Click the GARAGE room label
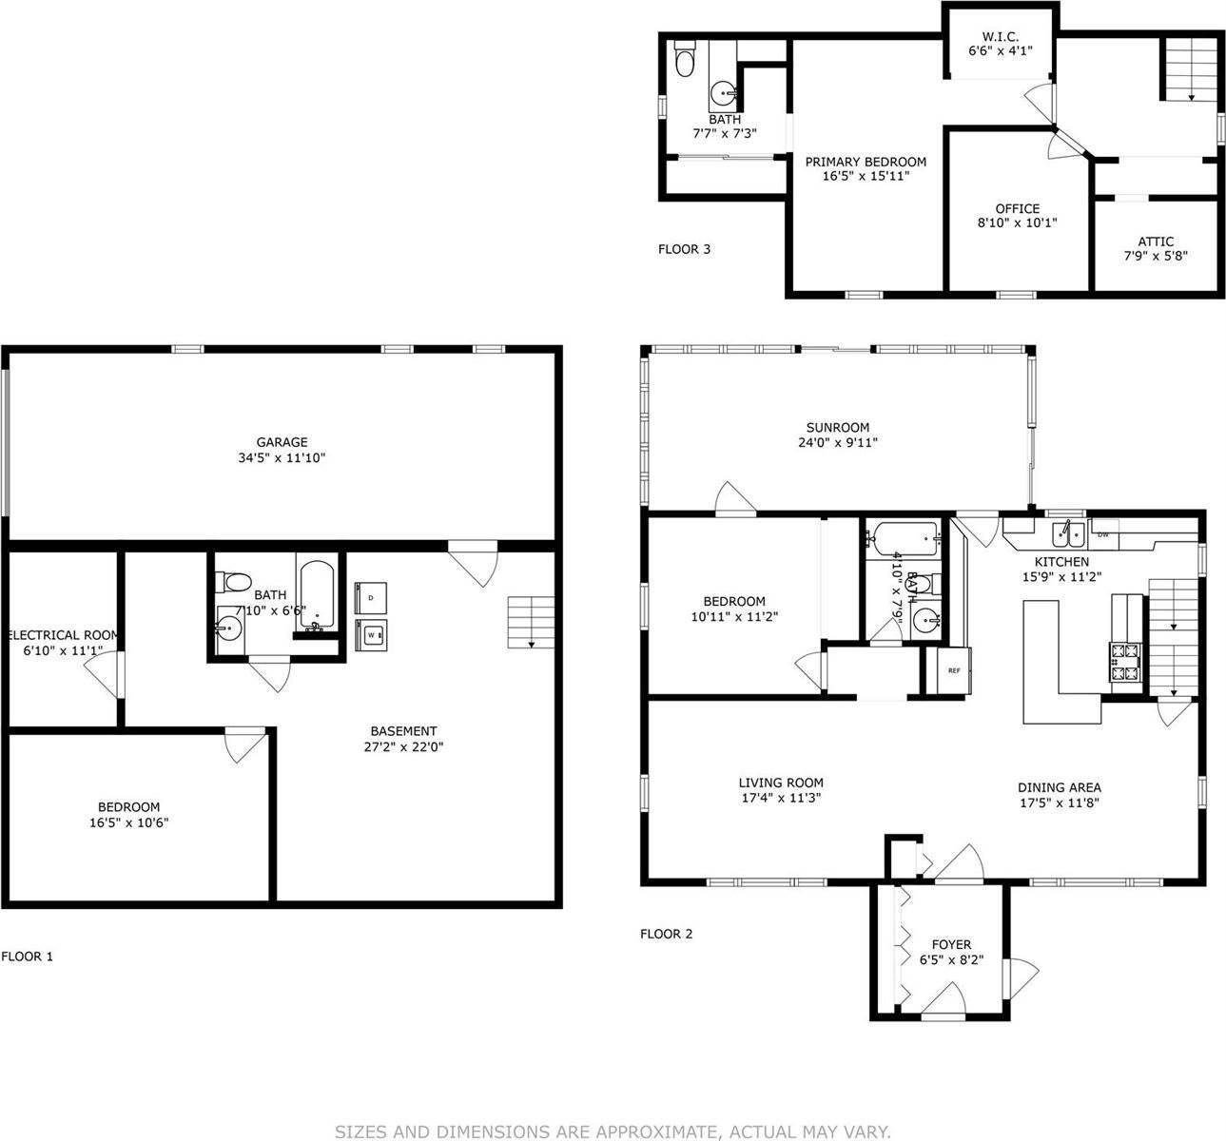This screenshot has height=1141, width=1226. point(282,442)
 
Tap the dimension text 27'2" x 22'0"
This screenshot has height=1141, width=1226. point(403,746)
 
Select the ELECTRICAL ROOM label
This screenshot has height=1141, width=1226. point(64,635)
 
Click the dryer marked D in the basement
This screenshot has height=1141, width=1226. point(370,597)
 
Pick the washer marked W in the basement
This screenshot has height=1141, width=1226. point(370,633)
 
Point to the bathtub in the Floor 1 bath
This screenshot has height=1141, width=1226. point(315,595)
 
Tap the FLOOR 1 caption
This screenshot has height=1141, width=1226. point(28,957)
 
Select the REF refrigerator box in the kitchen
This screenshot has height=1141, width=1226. point(954,670)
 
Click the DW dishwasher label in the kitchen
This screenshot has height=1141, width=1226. point(1103,534)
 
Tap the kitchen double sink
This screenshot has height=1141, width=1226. point(1069,533)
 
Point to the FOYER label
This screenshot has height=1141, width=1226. point(951,944)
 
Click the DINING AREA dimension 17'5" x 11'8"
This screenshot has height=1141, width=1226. point(1060,803)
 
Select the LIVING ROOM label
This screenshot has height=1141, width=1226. point(780,783)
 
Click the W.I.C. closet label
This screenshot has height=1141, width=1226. point(1000,35)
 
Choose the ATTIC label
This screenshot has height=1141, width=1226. point(1156,242)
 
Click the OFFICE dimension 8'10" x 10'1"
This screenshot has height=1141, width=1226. point(1018,223)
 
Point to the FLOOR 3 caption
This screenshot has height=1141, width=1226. point(685,250)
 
